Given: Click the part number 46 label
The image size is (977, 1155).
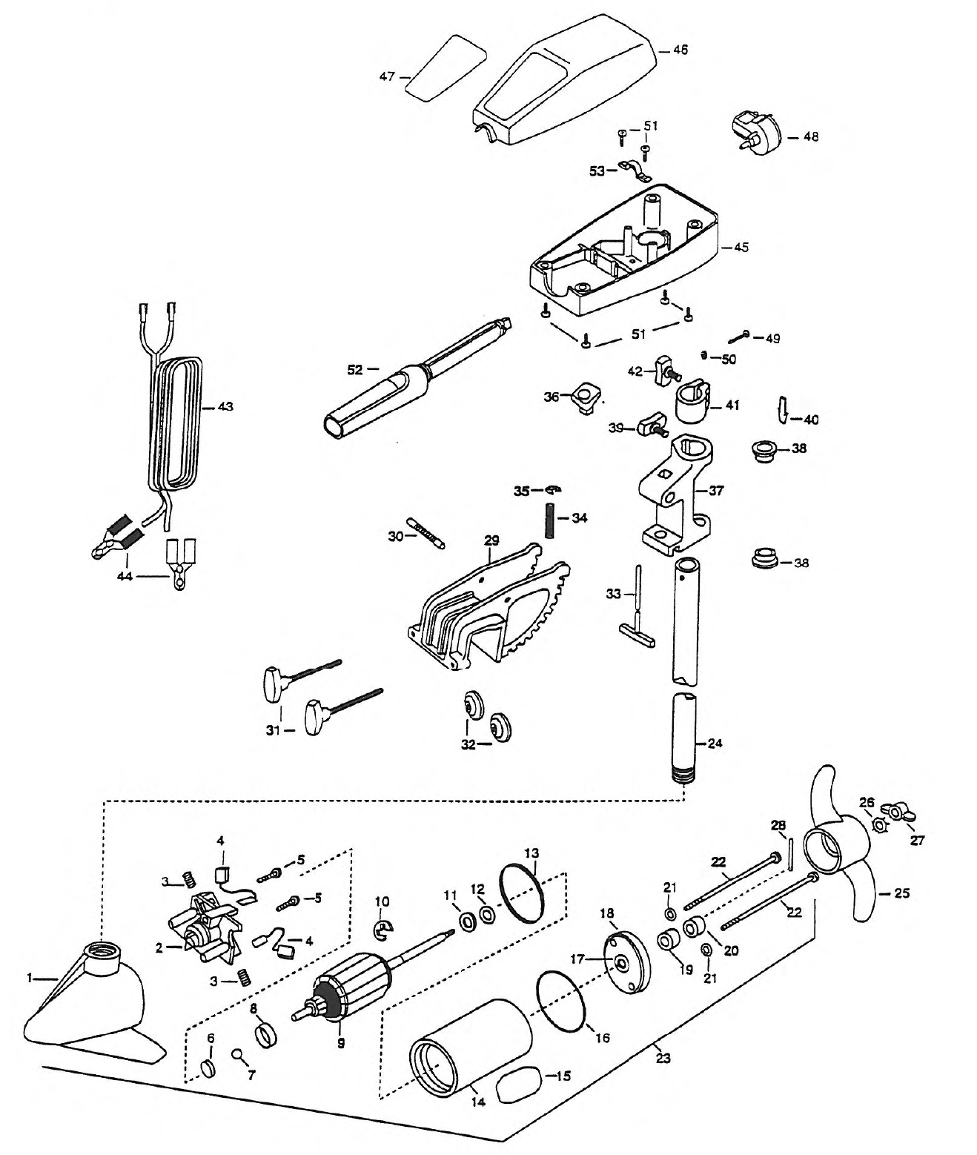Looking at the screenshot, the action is coord(680,50).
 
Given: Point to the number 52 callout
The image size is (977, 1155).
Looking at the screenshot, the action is coord(355,370).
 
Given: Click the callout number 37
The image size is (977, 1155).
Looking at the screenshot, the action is coord(716,491).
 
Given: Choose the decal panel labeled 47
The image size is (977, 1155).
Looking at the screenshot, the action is coord(445,67).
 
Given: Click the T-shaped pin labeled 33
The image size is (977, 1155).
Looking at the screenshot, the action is coord(637,607).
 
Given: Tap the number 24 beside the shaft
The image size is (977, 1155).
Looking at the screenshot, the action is coord(715,743).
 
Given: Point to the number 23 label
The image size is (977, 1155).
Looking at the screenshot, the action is coord(663,1059).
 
